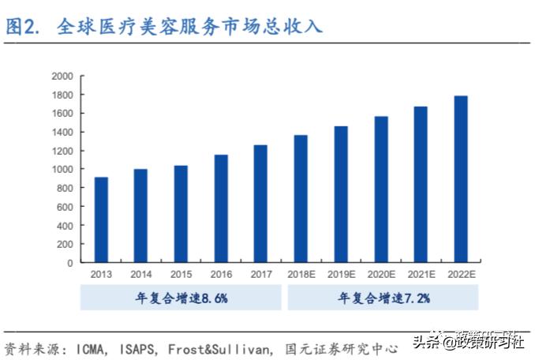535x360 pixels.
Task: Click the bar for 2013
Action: point(101,219)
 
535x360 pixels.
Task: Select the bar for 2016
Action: point(221,208)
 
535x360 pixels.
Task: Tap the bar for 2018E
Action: point(301,198)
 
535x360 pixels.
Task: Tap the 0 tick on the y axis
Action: point(70,263)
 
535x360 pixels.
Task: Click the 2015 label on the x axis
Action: point(181,274)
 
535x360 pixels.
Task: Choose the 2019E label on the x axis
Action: point(341,274)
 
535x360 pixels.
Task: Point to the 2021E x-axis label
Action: point(421,274)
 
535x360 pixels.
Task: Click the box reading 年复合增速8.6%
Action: point(181,298)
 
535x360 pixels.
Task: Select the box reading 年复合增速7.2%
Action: point(383,298)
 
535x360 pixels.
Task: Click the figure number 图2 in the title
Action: point(24,27)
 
